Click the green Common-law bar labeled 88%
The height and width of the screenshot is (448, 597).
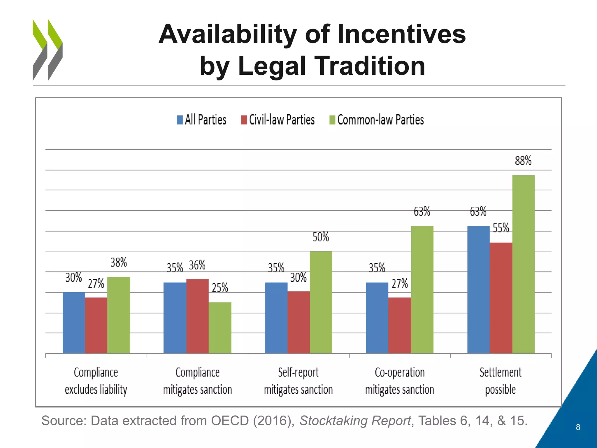click(x=523, y=264)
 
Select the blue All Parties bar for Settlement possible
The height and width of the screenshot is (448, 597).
click(x=478, y=289)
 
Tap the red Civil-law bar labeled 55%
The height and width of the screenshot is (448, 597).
click(x=501, y=297)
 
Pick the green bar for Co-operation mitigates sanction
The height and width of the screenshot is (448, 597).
click(x=422, y=289)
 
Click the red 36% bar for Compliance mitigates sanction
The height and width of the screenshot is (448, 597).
click(x=197, y=316)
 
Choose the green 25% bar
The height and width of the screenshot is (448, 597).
click(x=220, y=328)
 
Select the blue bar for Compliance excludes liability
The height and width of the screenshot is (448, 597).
click(x=74, y=323)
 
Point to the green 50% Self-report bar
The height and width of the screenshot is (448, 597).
click(x=321, y=302)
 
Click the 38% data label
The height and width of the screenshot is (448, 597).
click(x=119, y=262)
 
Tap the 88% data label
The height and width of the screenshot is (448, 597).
click(x=523, y=161)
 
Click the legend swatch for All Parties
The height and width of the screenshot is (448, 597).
click(x=180, y=120)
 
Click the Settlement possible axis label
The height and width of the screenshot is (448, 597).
click(x=500, y=381)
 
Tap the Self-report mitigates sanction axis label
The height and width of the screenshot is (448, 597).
click(x=298, y=381)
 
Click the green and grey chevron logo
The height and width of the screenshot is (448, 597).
click(x=48, y=50)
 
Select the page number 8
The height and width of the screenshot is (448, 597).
click(x=578, y=427)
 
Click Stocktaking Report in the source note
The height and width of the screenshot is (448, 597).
click(x=355, y=421)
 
